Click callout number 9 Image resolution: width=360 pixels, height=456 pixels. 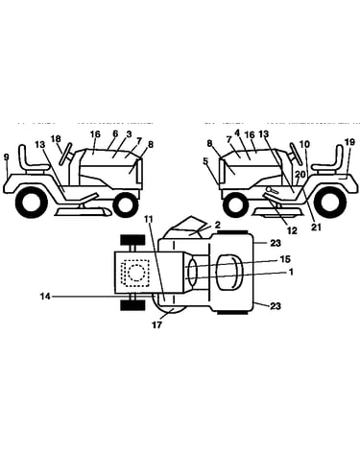point(7,157)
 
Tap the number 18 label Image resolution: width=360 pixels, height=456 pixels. point(56,139)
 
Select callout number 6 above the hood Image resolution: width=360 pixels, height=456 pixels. point(115,133)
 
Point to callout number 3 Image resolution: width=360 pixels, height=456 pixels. point(129,134)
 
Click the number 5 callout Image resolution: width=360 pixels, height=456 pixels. point(205,160)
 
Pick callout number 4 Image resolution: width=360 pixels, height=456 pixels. point(237,132)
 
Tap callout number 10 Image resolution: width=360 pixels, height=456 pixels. point(304,144)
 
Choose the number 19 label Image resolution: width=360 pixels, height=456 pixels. point(350,142)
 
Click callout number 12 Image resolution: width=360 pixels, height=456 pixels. point(292,230)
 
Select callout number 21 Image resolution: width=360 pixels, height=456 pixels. point(316,227)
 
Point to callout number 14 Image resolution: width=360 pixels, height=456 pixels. point(45,297)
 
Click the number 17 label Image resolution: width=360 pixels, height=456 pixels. point(157,324)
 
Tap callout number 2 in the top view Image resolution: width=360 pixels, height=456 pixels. point(218,225)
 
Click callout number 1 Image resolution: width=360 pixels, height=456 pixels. point(291,272)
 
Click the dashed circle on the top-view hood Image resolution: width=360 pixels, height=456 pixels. point(135,273)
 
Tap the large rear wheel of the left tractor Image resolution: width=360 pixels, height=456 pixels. point(31,202)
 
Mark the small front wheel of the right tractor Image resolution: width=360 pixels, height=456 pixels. point(236,204)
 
